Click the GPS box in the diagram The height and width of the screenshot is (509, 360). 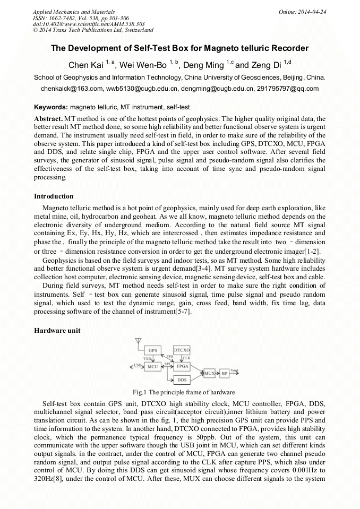coord(153,351)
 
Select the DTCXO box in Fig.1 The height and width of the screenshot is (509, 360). coord(182,351)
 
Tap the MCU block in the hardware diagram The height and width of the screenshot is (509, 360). coord(153,366)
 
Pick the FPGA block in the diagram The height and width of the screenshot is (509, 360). coord(182,366)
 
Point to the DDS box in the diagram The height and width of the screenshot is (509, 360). coord(182,380)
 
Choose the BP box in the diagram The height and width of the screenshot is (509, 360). coord(225,374)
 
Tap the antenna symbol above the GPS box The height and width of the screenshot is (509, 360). coord(139,341)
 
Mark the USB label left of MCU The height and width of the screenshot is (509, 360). coord(137,364)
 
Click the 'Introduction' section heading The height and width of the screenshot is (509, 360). coord(54,196)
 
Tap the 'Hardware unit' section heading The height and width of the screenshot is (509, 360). coord(57,330)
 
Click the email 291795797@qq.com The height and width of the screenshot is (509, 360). coord(289,89)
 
